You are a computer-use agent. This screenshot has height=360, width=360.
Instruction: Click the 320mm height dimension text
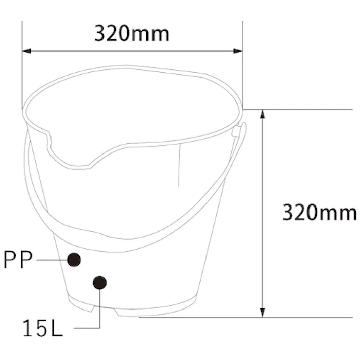pos(319,212)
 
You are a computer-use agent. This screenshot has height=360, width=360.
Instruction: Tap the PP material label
pos(18,260)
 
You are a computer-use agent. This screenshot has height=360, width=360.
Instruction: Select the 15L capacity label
pos(42,329)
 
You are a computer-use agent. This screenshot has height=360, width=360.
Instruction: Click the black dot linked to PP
pos(74,260)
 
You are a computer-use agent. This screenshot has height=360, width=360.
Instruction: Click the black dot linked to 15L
pos(100,283)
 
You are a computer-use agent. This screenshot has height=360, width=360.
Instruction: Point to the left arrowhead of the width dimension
pos(26,51)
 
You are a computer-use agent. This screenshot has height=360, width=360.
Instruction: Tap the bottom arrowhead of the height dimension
pos(262,313)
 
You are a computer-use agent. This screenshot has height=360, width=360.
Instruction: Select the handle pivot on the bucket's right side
pos(236,131)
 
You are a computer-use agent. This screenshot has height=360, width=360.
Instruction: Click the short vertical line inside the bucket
pos(179,167)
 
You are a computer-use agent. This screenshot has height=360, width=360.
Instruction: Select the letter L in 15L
pos(56,329)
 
